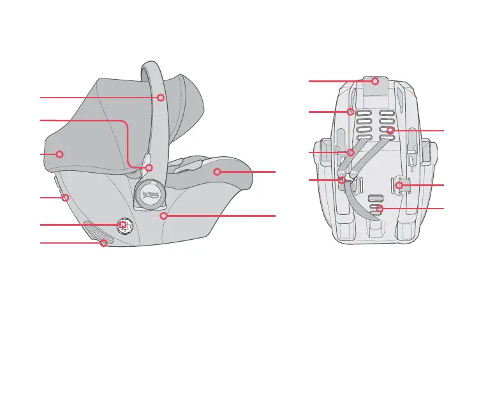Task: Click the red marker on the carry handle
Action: (161, 98)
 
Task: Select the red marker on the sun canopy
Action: (59, 154)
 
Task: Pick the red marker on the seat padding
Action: (217, 172)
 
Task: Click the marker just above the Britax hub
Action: (149, 168)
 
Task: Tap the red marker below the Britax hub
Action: (164, 216)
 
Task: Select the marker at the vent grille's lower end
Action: (103, 243)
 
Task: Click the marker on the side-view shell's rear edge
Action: (65, 198)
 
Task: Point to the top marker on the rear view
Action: (376, 81)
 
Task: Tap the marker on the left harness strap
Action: (350, 152)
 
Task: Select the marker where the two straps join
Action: (343, 181)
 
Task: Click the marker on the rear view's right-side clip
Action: (399, 185)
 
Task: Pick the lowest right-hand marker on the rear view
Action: (380, 209)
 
